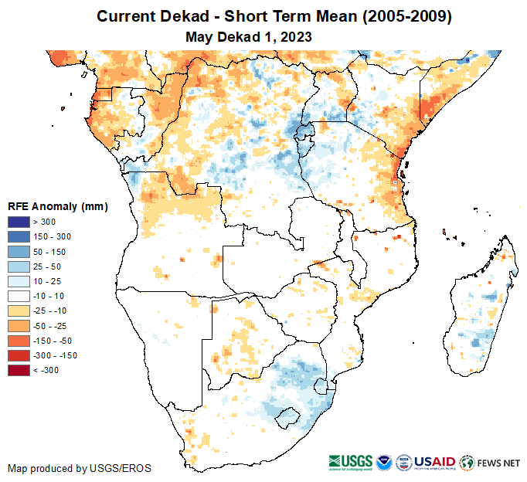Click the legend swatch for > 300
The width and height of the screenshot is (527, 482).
pyautogui.click(x=19, y=222)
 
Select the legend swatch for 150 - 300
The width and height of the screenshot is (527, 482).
pyautogui.click(x=19, y=237)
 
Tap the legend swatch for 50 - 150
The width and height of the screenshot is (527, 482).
pyautogui.click(x=19, y=252)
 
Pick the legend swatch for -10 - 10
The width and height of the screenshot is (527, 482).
pyautogui.click(x=19, y=297)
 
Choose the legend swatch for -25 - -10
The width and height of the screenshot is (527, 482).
pyautogui.click(x=19, y=311)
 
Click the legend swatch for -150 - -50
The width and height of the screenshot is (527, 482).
pyautogui.click(x=19, y=341)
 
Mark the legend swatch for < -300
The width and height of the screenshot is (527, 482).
pyautogui.click(x=19, y=371)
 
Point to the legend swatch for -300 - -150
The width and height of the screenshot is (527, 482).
pyautogui.click(x=19, y=355)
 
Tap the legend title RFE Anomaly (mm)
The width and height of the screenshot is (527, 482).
pyautogui.click(x=57, y=207)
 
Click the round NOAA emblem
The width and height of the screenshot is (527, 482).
pyautogui.click(x=383, y=463)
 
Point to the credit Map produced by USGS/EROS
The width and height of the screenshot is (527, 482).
pyautogui.click(x=80, y=468)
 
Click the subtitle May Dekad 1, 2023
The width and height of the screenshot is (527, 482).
pyautogui.click(x=248, y=36)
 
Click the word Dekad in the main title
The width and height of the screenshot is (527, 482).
pyautogui.click(x=182, y=16)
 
